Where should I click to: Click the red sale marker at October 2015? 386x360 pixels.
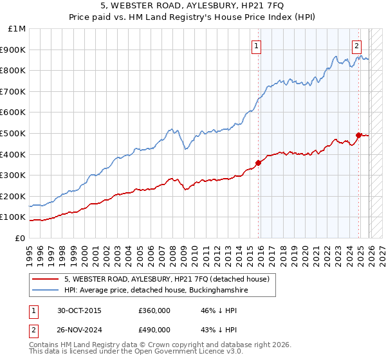click(258, 163)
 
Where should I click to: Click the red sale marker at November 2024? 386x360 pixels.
click(359, 135)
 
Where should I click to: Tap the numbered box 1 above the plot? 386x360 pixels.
click(256, 45)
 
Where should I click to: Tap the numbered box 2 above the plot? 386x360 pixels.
click(356, 45)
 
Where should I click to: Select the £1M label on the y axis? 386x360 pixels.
click(17, 29)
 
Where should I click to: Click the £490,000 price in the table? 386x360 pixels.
click(154, 331)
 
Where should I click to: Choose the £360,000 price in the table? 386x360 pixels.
click(154, 310)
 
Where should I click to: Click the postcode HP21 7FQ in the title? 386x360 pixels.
click(261, 6)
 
